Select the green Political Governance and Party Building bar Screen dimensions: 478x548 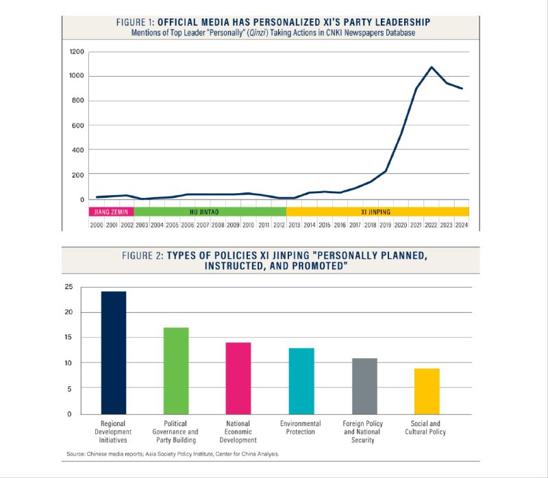[176, 370]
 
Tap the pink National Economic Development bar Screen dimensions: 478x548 [238, 378]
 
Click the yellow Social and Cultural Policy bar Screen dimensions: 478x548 [426, 391]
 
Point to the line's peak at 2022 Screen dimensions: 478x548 [431, 67]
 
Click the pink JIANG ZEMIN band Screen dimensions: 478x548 [110, 212]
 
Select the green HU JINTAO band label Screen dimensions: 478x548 [204, 212]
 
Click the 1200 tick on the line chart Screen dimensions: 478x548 [77, 51]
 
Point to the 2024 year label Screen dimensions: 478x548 [461, 225]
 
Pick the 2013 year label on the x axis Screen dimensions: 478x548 [296, 225]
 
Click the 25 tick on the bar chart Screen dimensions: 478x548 [67, 287]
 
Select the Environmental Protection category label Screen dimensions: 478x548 [301, 428]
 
